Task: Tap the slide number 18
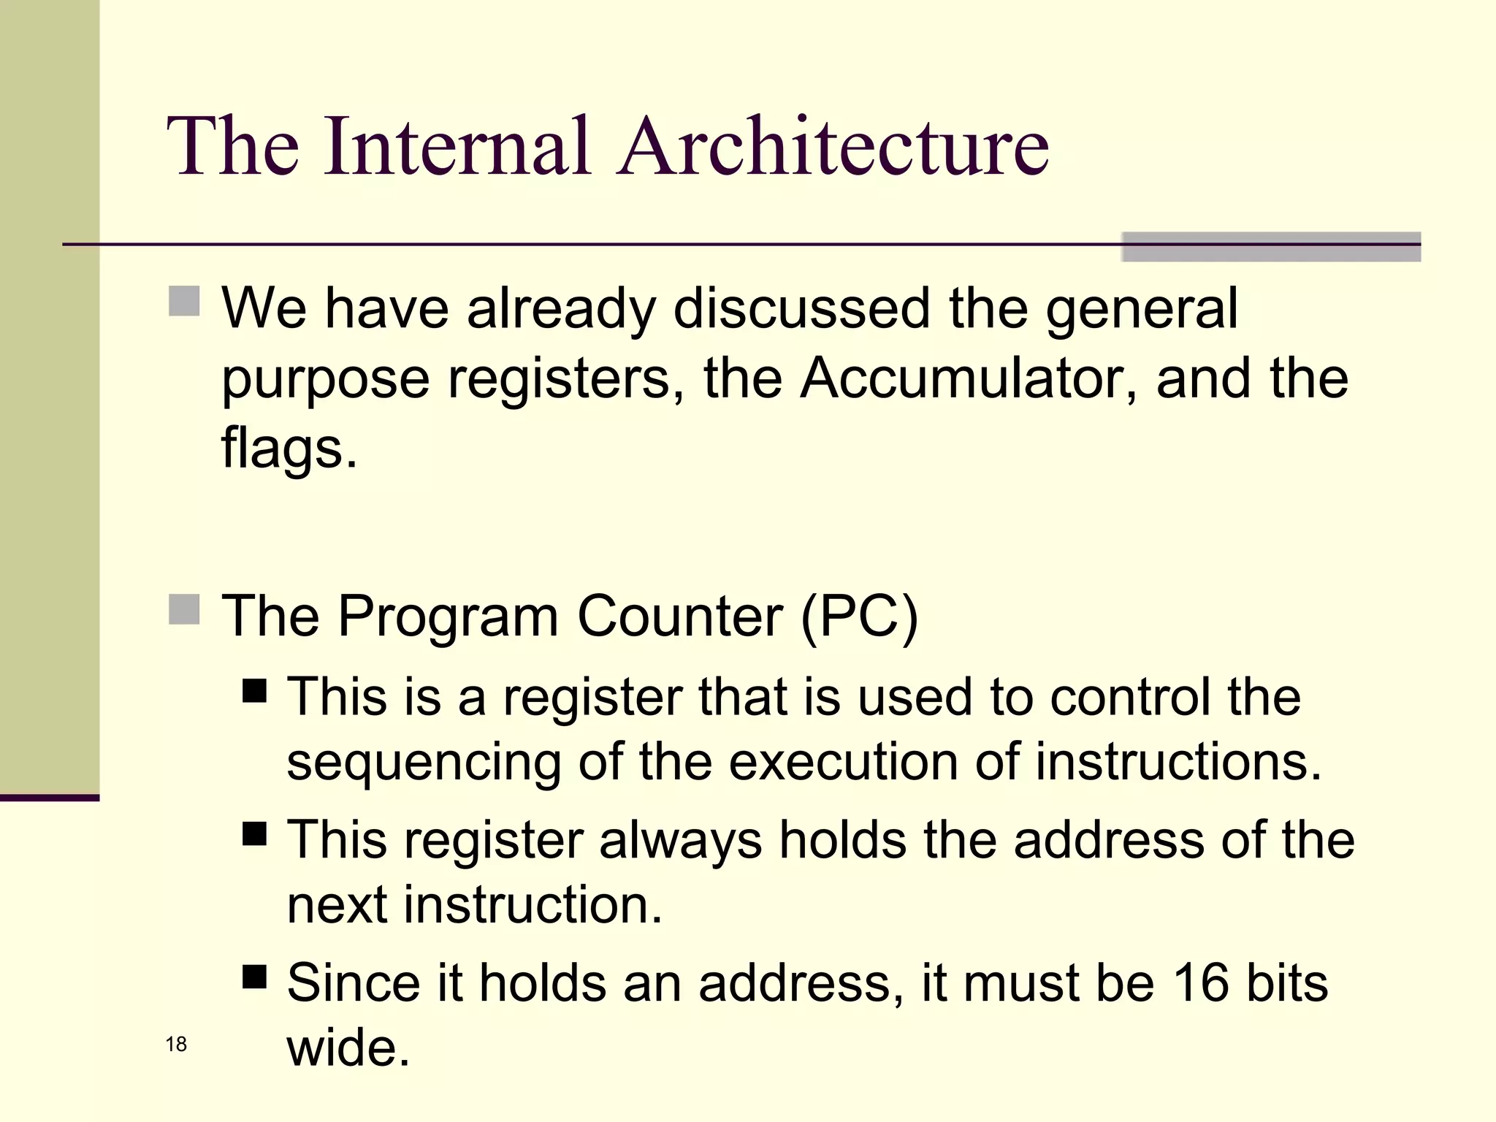tap(176, 1045)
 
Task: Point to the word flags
tap(288, 449)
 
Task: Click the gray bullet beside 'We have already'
tap(184, 301)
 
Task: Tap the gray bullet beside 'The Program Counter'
tap(184, 609)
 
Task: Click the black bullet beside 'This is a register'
tap(254, 690)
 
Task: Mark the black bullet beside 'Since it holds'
tap(254, 976)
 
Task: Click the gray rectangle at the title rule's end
tap(1270, 247)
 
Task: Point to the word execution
tap(843, 763)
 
